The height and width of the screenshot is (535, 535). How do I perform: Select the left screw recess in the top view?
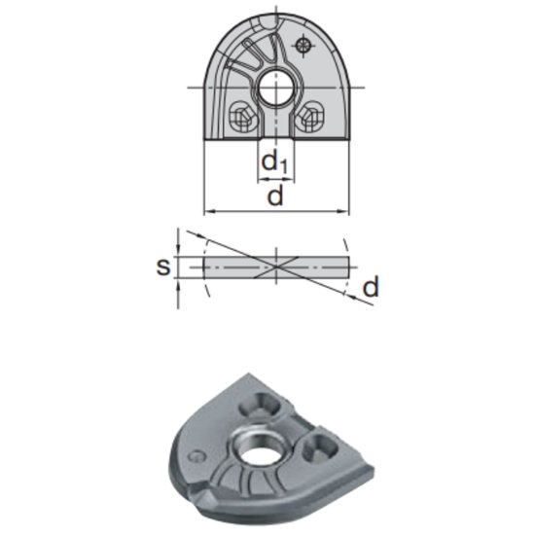tap(239, 118)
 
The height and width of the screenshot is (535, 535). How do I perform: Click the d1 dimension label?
tap(276, 162)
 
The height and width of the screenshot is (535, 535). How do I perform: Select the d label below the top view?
tap(275, 196)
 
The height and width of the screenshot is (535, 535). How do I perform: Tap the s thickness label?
tap(163, 266)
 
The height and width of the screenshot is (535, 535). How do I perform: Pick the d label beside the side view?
tap(370, 287)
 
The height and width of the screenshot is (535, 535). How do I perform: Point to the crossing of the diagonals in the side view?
tap(276, 265)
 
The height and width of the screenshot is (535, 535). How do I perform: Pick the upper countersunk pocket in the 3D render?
tap(266, 402)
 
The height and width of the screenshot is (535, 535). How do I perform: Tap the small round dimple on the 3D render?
tap(197, 454)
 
